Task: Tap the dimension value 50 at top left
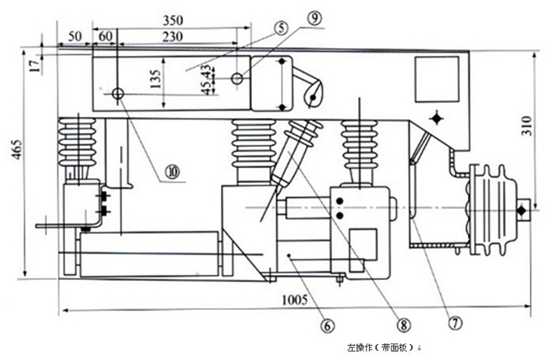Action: [x=74, y=36]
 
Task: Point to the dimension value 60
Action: [x=105, y=36]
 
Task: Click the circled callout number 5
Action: [x=282, y=28]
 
